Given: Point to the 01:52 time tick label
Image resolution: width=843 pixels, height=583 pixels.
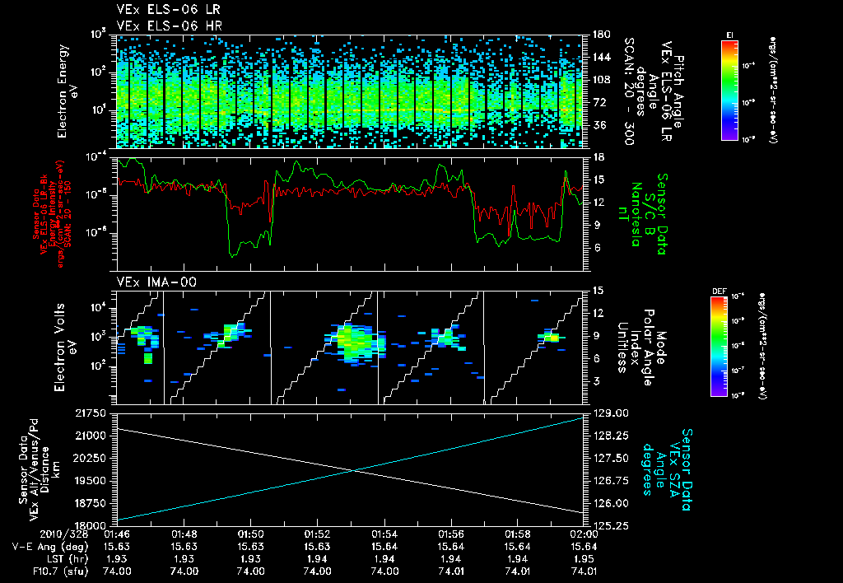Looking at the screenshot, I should tap(317, 534).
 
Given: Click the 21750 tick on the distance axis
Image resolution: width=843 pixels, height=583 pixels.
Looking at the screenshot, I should tap(92, 413).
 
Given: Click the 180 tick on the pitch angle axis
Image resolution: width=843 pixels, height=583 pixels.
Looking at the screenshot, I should tap(600, 35).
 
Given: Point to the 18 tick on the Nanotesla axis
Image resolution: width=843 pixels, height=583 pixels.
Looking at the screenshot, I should tap(598, 156).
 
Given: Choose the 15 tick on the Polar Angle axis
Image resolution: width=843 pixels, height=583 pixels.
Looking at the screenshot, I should tap(598, 290).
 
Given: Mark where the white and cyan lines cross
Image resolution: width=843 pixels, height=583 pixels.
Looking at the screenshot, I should tap(354, 470).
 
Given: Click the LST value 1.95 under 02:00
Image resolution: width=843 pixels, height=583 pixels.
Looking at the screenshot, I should tap(584, 558).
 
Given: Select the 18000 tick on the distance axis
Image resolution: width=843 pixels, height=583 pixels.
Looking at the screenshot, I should tap(92, 525).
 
